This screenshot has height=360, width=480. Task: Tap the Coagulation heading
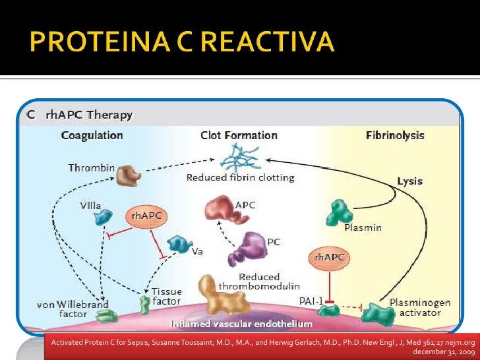(x=92, y=136)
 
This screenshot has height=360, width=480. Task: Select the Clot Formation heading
(x=239, y=135)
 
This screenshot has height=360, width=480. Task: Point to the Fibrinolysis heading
(x=395, y=135)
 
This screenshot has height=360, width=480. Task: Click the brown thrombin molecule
(x=129, y=175)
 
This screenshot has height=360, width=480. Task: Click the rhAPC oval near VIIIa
(x=146, y=216)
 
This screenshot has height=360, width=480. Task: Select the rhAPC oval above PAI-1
(x=329, y=258)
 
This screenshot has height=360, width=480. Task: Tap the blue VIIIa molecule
(x=103, y=217)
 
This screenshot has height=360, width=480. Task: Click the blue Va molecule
(x=179, y=244)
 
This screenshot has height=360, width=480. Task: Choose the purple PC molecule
(x=248, y=249)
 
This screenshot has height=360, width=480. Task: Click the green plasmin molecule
(x=339, y=213)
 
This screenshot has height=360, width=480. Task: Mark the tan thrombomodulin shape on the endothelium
(x=224, y=295)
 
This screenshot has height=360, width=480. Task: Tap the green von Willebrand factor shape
(x=107, y=316)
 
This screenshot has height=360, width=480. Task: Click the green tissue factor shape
(x=144, y=305)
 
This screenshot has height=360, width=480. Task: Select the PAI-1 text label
(x=311, y=301)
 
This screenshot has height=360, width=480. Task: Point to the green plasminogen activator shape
(x=378, y=314)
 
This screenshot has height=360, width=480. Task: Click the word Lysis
(x=410, y=181)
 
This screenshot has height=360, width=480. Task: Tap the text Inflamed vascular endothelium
(x=242, y=324)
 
